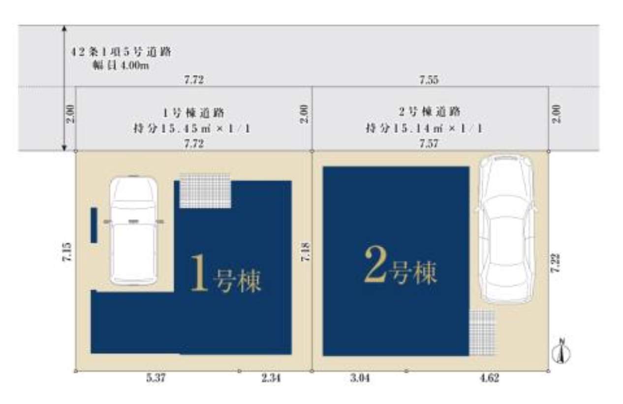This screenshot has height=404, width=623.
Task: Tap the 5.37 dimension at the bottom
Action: tap(156, 378)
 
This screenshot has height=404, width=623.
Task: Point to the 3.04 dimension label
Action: tap(360, 378)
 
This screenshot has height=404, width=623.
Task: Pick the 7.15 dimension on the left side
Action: tap(67, 252)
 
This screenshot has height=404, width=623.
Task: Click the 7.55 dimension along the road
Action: tap(429, 80)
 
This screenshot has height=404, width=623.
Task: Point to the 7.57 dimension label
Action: tap(429, 143)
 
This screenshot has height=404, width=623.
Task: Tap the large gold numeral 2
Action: tap(375, 266)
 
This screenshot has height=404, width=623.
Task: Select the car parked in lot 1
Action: tap(133, 230)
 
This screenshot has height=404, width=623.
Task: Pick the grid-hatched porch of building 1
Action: tap(205, 190)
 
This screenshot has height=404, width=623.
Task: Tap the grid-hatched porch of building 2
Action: tap(482, 332)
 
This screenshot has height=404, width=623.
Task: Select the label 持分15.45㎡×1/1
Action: tap(192, 129)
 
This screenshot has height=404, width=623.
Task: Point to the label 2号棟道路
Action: tap(429, 112)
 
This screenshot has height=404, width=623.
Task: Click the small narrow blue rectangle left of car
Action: tap(93, 225)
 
